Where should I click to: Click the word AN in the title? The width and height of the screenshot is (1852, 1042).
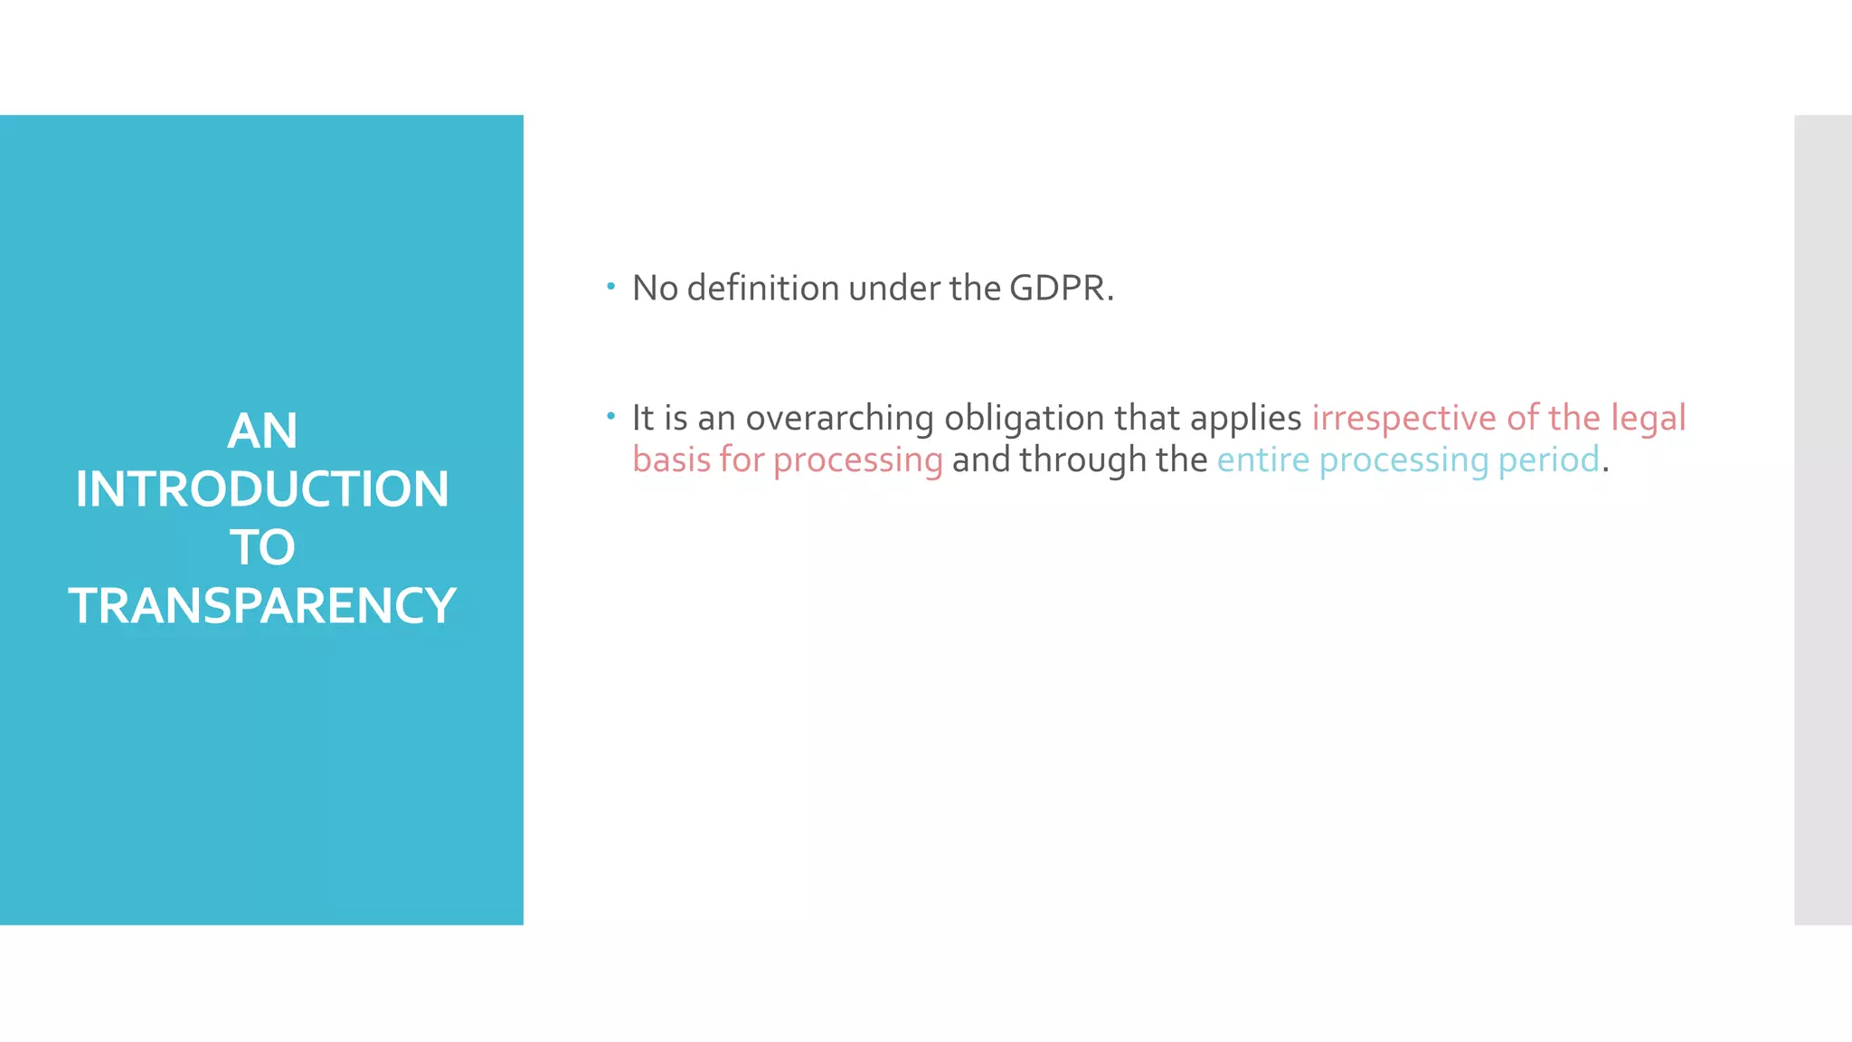tap(262, 431)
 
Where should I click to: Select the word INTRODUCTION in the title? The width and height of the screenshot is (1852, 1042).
tap(262, 489)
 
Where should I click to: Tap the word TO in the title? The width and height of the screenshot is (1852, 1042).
tap(262, 547)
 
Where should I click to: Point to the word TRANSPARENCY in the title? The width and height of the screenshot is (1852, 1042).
tap(262, 606)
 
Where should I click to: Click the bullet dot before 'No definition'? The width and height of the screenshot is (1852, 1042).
tap(611, 287)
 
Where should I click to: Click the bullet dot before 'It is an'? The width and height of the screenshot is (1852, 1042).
tap(611, 416)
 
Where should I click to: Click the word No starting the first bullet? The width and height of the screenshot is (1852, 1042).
tap(655, 289)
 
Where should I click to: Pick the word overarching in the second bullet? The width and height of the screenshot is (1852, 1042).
tap(839, 419)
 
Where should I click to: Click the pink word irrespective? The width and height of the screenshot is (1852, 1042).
tap(1404, 418)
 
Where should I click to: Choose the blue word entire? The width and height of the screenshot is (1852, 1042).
tap(1262, 459)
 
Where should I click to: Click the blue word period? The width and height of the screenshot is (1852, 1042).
tap(1548, 460)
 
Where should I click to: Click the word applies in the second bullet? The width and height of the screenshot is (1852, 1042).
tap(1245, 419)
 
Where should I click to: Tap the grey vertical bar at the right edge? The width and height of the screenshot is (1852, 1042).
tap(1823, 519)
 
